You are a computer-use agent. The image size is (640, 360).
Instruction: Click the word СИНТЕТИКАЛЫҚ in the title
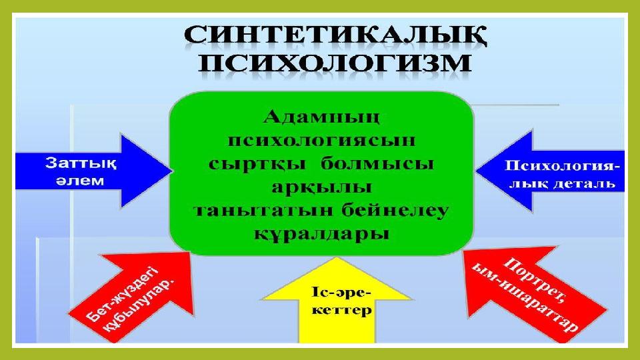click(x=335, y=37)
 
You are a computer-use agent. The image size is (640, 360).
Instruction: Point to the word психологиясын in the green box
click(x=321, y=141)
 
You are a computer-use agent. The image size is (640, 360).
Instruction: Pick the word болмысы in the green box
click(x=377, y=164)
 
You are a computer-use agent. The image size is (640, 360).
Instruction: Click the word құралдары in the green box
click(x=321, y=234)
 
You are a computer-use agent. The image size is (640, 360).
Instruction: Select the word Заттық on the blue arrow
click(x=81, y=163)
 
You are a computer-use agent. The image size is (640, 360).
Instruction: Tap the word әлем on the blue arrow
click(x=80, y=181)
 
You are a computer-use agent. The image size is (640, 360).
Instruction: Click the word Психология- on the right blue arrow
click(x=562, y=167)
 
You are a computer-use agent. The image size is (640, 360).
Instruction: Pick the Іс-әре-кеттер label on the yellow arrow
click(x=341, y=301)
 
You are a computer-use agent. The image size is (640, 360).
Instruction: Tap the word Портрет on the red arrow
click(x=534, y=280)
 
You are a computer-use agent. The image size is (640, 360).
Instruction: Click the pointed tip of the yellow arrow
click(x=337, y=257)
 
